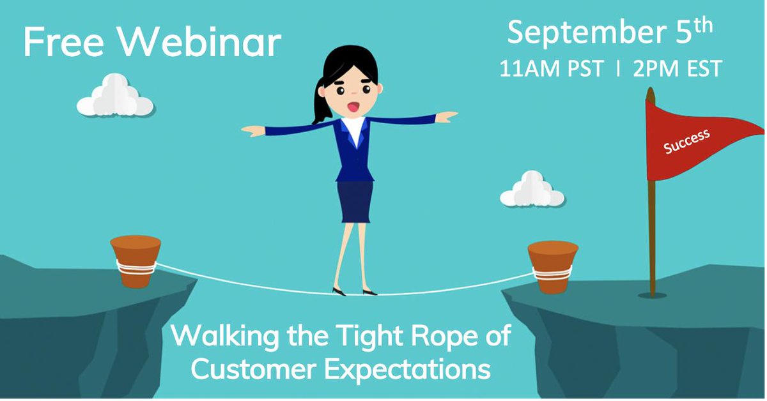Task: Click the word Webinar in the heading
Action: coord(200,43)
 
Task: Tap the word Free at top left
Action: coord(63,43)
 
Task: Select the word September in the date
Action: coord(587,33)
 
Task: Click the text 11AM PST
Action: coord(551,68)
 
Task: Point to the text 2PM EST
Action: coord(678,68)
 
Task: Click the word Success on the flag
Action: coord(686,142)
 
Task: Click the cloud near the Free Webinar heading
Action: coord(115,95)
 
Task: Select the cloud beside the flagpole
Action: coord(532,189)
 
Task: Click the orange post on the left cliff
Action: coord(136,261)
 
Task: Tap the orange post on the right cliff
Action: coord(553,267)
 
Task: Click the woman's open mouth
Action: coord(353,107)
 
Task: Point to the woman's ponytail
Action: coord(320,102)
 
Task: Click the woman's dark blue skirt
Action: coord(355,202)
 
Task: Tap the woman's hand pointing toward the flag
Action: coord(447,117)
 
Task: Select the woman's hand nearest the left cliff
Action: coord(253,131)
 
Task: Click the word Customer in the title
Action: coord(253,369)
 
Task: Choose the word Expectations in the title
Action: coord(408,370)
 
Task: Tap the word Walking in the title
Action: coord(225,337)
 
